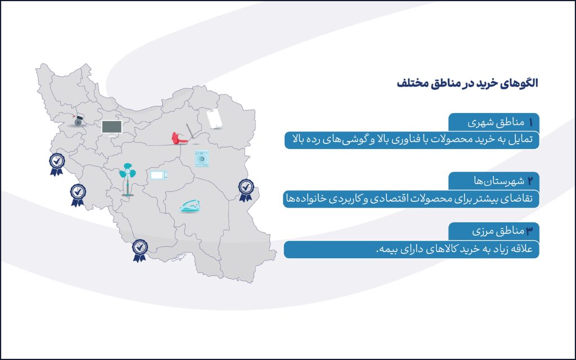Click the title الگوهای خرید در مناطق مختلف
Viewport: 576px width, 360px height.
467,83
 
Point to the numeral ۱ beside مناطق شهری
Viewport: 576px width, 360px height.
530,123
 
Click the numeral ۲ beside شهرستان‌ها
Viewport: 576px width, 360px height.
530,181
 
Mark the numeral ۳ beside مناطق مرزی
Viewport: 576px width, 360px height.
530,231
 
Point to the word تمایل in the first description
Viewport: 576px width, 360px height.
521,140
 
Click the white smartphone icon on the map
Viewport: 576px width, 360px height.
214,119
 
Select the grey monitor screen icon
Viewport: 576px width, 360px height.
112,128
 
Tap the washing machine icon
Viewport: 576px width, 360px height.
202,159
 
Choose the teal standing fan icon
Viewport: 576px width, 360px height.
128,179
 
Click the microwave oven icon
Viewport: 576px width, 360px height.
159,175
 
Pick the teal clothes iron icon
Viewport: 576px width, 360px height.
190,206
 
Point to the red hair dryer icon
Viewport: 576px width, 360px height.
179,138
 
